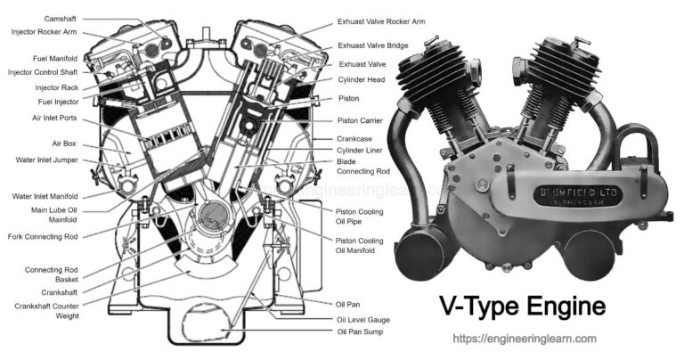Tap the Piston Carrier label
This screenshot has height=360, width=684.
point(361,120)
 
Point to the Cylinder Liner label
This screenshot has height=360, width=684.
point(360,151)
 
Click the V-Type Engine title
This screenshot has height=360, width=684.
point(524,307)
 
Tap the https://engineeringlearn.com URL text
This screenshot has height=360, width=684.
point(524,340)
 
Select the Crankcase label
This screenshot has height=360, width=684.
point(355,139)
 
